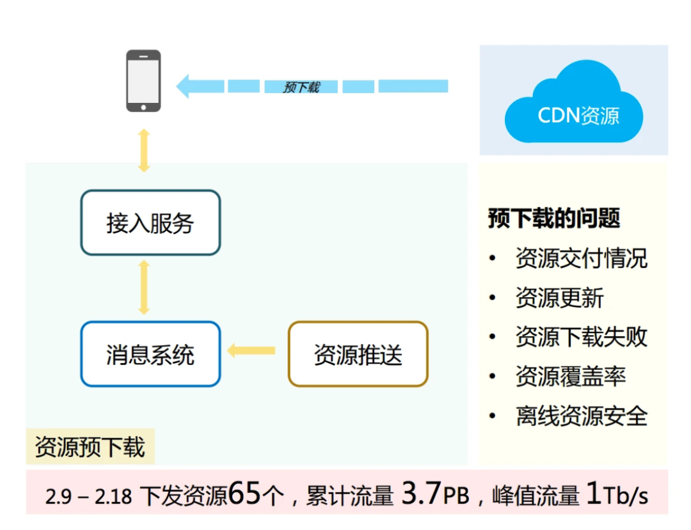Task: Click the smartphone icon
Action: pyautogui.click(x=143, y=81)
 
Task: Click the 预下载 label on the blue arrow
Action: pyautogui.click(x=301, y=87)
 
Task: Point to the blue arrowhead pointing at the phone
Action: pyautogui.click(x=184, y=86)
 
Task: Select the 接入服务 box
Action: pyautogui.click(x=150, y=223)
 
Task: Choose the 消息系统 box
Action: pyautogui.click(x=150, y=354)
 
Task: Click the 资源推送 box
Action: pyautogui.click(x=358, y=354)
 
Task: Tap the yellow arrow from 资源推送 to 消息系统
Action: pyautogui.click(x=251, y=350)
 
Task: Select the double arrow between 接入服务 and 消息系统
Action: pyautogui.click(x=144, y=287)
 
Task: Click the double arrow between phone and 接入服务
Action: pyautogui.click(x=144, y=151)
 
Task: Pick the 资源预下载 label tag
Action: pyautogui.click(x=90, y=446)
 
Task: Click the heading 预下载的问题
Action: pyautogui.click(x=554, y=218)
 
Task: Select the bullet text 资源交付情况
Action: pyautogui.click(x=581, y=258)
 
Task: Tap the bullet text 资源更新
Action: pyautogui.click(x=559, y=298)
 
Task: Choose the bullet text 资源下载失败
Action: pyautogui.click(x=581, y=337)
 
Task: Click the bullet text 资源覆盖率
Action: pyautogui.click(x=570, y=377)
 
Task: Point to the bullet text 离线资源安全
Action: pyautogui.click(x=581, y=416)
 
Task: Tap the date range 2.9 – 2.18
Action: pyautogui.click(x=89, y=496)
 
